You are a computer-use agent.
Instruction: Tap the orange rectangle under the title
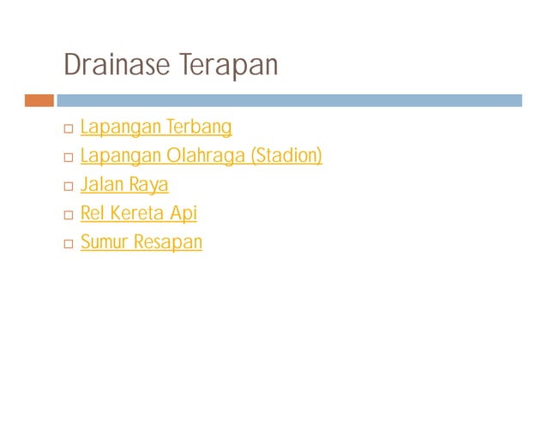39,100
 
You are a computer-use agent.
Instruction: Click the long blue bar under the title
289,100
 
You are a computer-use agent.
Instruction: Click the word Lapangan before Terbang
121,128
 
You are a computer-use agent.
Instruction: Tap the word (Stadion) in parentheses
286,156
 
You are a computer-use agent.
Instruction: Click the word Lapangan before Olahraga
121,156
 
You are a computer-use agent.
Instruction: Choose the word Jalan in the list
102,184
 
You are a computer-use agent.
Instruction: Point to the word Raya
148,185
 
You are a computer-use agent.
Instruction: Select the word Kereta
136,213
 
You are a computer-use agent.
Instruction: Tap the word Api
183,213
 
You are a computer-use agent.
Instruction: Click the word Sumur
104,242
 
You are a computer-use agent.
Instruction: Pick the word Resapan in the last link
168,242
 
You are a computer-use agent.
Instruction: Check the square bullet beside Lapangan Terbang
68,129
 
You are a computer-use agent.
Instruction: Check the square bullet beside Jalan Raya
68,186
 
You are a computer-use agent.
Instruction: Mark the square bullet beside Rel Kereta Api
68,215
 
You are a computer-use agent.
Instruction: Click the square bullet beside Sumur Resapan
68,244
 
